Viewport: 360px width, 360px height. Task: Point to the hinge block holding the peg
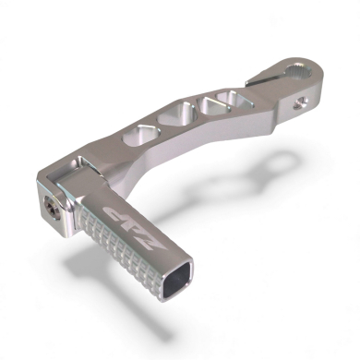[x=68, y=194]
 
